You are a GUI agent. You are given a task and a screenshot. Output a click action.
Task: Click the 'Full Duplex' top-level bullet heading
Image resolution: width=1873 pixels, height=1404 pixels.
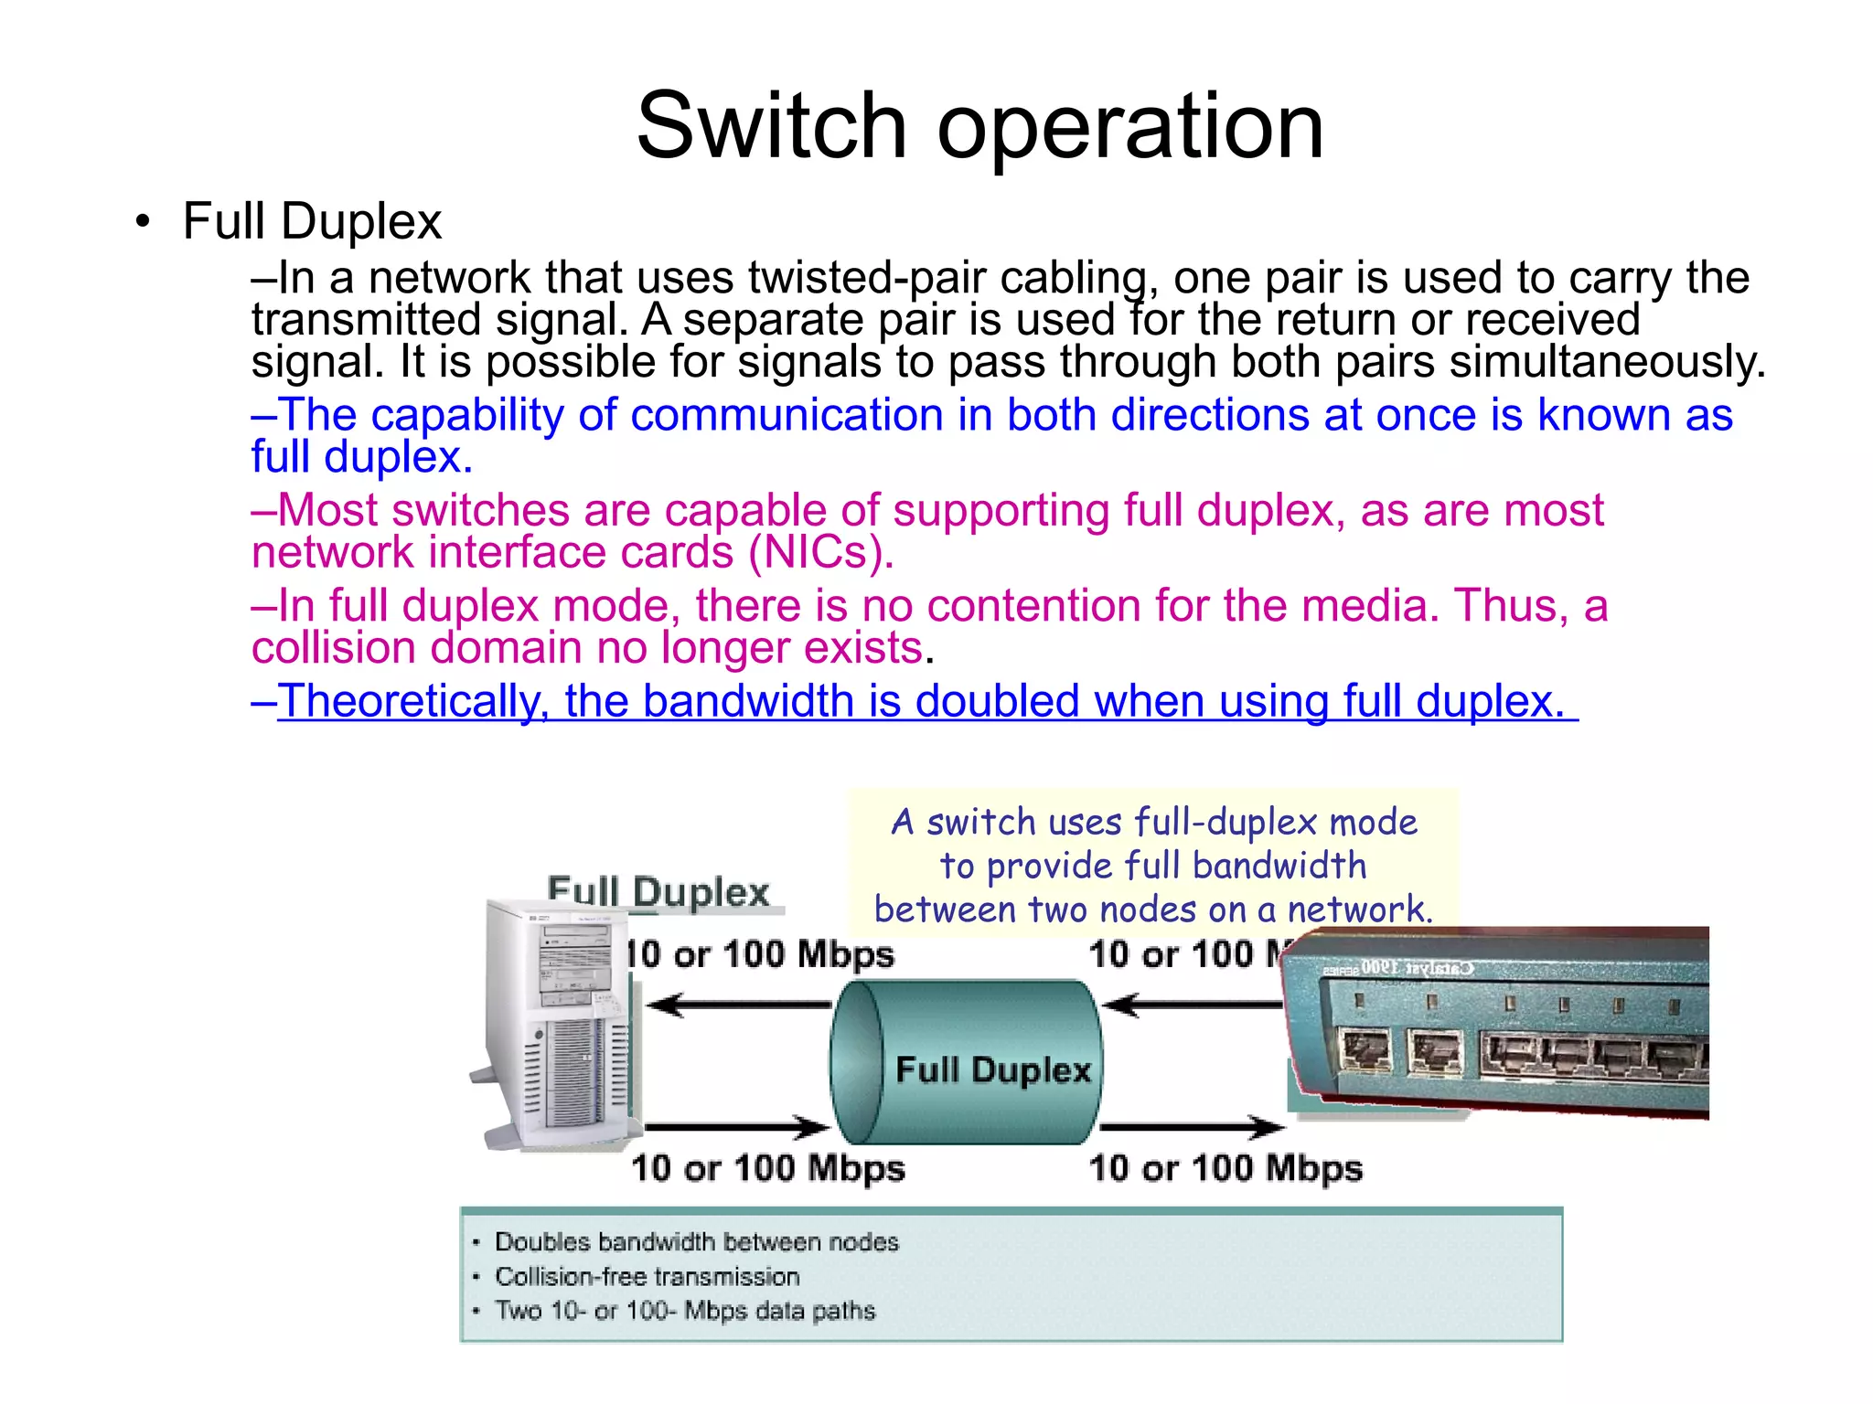312,222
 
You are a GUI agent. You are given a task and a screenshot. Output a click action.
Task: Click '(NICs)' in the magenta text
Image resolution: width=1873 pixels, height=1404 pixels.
819,553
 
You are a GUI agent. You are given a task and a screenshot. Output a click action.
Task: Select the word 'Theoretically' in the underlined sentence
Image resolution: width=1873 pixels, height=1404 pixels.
412,702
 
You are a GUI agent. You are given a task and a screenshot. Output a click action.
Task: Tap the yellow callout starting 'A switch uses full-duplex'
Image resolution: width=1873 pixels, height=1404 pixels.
1152,865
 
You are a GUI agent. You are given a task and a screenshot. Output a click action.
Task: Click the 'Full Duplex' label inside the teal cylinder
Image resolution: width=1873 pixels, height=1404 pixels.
993,1069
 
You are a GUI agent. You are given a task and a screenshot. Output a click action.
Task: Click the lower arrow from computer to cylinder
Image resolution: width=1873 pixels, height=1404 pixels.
737,1127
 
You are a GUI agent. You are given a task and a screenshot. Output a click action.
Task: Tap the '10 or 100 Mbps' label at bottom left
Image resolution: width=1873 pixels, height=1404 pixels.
768,1168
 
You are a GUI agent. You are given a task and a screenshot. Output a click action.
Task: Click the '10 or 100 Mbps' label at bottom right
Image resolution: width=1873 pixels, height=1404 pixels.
1225,1168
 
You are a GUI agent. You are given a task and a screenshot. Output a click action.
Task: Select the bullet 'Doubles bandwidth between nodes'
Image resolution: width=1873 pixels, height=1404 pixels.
696,1241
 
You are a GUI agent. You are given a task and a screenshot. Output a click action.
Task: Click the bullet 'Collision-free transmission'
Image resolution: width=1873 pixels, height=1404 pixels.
647,1276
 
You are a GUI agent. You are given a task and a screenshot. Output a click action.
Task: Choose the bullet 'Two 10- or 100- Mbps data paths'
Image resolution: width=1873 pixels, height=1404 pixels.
685,1311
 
